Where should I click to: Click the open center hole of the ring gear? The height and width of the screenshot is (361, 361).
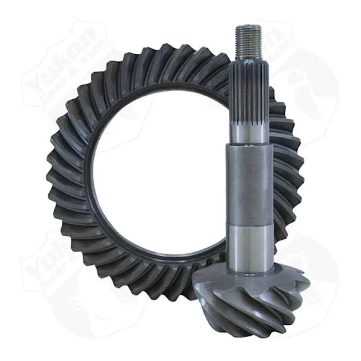point(158,176)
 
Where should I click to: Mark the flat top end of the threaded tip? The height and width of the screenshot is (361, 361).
point(248,27)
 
